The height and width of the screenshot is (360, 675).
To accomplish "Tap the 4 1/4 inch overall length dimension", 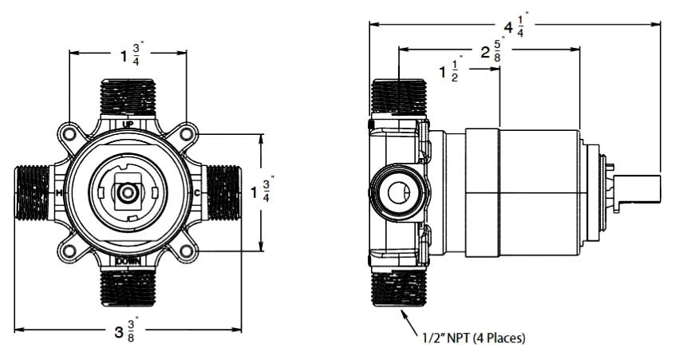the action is tap(515, 26).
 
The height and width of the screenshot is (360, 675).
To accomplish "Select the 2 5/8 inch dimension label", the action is tap(491, 52).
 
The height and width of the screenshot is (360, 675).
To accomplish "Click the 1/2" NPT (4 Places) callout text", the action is tap(474, 338).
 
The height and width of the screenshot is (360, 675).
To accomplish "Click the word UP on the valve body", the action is tap(128, 124).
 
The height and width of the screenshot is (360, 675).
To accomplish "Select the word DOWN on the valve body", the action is tap(128, 261).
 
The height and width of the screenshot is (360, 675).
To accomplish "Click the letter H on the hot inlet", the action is tap(59, 193).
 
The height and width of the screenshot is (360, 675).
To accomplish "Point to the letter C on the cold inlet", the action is tap(197, 193).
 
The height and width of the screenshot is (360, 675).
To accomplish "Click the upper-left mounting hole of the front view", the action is tap(69, 134).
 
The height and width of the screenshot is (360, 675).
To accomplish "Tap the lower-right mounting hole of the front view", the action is tap(187, 251).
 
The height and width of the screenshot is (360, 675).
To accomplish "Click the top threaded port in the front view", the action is tap(128, 97).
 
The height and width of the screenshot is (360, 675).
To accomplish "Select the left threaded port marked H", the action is tap(33, 193).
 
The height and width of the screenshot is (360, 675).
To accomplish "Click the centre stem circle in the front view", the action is tap(128, 193).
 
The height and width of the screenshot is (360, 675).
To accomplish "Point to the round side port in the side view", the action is tap(399, 192).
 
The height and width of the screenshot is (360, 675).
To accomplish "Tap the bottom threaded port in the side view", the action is tap(399, 288).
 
